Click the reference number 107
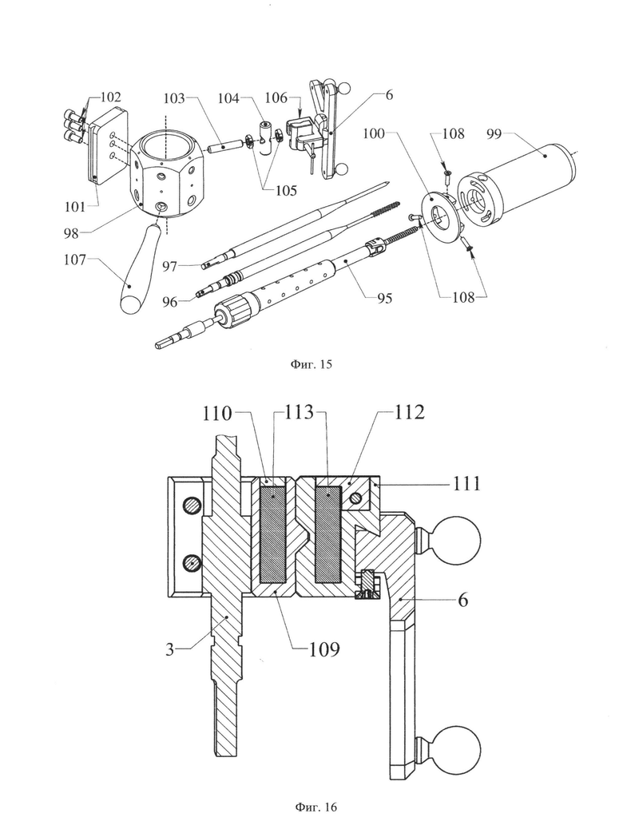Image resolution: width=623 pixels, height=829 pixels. coord(74,260)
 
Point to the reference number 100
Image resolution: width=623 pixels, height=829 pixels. coord(373,133)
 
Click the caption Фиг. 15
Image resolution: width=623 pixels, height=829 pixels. coord(311,364)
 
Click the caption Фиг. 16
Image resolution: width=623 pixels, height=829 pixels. coord(315,807)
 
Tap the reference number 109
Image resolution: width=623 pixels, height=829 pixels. coord(324,649)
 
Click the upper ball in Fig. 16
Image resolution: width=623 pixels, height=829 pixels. coord(458,541)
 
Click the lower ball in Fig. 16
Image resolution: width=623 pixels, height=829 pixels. coord(458,749)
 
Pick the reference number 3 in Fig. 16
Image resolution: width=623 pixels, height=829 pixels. coord(170,649)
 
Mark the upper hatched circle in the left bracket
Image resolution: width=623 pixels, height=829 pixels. coord(192,506)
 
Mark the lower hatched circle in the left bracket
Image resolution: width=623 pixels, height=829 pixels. coord(192,564)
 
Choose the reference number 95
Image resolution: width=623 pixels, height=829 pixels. coord(384,298)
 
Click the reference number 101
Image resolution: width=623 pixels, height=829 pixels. coord(74,206)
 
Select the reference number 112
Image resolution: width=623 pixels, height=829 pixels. coord(409,412)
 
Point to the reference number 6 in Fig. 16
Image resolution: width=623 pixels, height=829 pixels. coord(462,600)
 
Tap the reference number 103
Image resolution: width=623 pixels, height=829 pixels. coord(174,99)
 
